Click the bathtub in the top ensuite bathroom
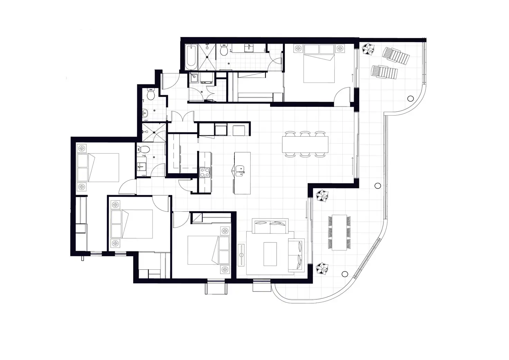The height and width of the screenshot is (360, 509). (191, 56)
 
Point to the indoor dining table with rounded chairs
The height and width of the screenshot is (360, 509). (305, 145)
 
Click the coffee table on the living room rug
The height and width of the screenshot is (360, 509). (270, 254)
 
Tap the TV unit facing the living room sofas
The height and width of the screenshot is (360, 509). (242, 255)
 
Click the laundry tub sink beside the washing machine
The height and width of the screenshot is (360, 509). (194, 78)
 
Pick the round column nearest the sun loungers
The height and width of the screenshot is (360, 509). (410, 98)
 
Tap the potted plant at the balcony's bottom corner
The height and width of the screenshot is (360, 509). (322, 268)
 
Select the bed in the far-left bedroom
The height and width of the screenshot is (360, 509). (99, 167)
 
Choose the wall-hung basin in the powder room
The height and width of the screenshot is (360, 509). (145, 112)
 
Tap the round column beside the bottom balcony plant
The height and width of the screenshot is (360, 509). (344, 274)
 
